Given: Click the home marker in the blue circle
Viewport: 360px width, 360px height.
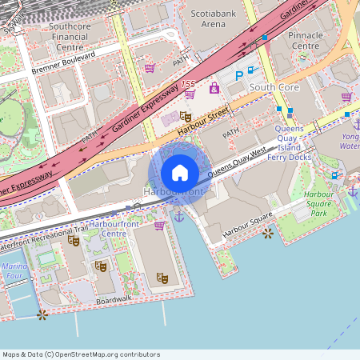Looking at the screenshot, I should (180, 172).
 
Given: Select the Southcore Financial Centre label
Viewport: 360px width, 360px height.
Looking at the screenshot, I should (69, 31).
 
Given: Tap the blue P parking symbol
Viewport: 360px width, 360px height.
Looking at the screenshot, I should (238, 75).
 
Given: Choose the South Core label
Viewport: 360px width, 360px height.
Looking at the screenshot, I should (273, 86).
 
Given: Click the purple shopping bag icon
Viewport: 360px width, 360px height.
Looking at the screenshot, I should (214, 88).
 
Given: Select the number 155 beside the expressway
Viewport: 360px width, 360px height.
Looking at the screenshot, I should (187, 84).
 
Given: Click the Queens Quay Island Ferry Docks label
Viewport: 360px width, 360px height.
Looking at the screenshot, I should (303, 142).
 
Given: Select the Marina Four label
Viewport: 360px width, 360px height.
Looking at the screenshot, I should (14, 271).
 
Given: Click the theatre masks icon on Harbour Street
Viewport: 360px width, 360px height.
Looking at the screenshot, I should (186, 117).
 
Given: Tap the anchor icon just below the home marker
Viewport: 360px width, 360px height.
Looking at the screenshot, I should (179, 215).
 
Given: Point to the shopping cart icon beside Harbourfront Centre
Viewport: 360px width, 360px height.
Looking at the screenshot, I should (159, 226).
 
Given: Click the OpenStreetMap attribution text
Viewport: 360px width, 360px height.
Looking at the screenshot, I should (81, 354).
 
